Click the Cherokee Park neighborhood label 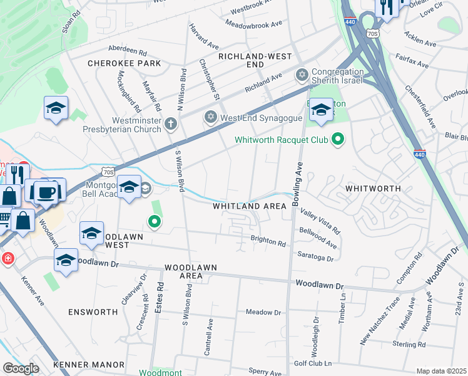pyautogui.click(x=125, y=63)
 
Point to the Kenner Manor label pyautogui.click(x=88, y=364)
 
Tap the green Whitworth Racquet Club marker pyautogui.click(x=338, y=138)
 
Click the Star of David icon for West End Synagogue pyautogui.click(x=211, y=117)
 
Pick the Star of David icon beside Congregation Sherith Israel pyautogui.click(x=303, y=75)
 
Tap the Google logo pyautogui.click(x=21, y=368)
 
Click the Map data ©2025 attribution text pyautogui.click(x=441, y=371)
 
